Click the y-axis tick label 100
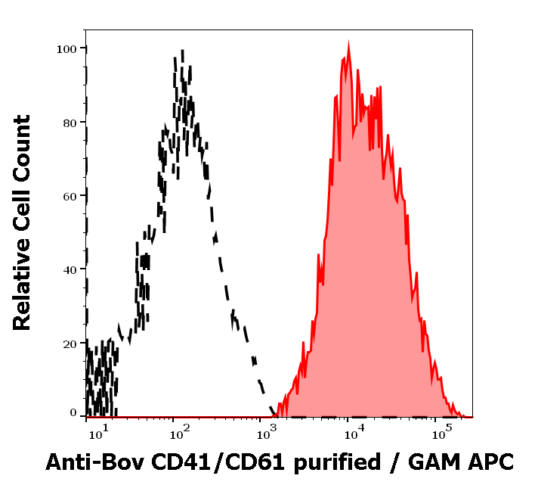point(66,49)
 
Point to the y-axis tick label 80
point(70,123)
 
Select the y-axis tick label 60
point(70,196)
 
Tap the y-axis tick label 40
point(70,269)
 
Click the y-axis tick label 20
point(70,343)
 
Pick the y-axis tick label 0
point(73,413)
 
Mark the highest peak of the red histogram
point(348,45)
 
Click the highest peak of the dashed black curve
point(182,51)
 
